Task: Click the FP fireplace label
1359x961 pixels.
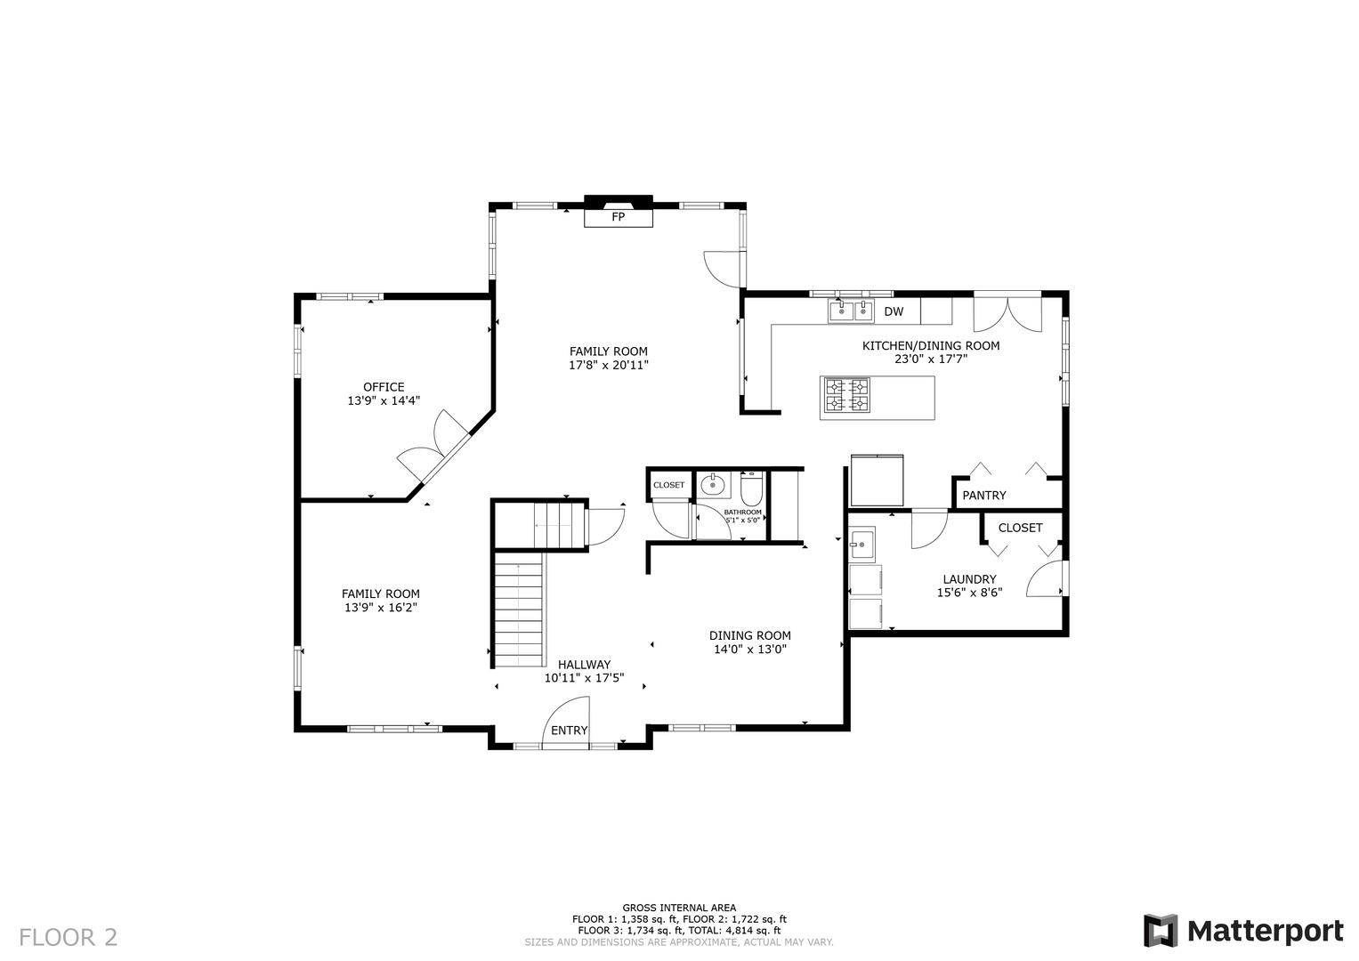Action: coord(618,216)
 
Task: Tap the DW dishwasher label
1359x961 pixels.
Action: coord(894,311)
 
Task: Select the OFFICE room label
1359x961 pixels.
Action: coord(384,387)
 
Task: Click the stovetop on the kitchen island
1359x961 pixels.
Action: coord(847,395)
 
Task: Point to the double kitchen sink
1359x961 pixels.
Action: coord(851,311)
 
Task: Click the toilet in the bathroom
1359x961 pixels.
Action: coord(751,489)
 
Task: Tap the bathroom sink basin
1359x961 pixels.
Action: coord(712,485)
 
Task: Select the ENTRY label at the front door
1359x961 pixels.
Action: coord(569,731)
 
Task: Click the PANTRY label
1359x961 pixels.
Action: coord(984,496)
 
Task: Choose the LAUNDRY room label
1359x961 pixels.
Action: coord(969,579)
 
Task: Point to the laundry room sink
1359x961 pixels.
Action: coord(862,545)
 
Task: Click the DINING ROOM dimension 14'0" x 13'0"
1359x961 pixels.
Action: coord(750,650)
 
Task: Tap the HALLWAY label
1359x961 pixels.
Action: coord(584,665)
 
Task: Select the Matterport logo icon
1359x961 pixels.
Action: coord(1161,931)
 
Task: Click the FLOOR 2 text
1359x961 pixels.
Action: coord(68,937)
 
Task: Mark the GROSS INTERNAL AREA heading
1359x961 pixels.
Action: coord(680,908)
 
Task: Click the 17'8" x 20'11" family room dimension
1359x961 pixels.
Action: coord(609,365)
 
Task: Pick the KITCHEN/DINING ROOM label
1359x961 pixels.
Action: coord(931,346)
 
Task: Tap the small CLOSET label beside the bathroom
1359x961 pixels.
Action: coord(668,485)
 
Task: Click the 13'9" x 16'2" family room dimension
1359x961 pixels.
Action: coord(381,607)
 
